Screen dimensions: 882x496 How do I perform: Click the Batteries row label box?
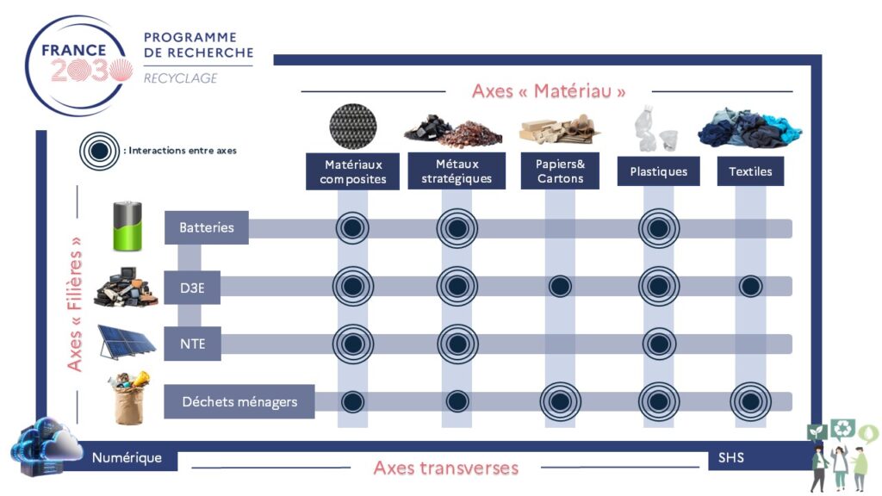(207, 227)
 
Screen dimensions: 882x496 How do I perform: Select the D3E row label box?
(192, 288)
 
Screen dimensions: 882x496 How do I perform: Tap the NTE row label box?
(192, 344)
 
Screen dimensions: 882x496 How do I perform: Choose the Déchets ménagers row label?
(239, 401)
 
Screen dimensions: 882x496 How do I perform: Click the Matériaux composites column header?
(352, 171)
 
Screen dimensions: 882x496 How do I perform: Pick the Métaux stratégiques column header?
(457, 171)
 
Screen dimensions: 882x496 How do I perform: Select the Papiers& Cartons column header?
(560, 171)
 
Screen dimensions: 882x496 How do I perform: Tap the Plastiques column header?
(658, 171)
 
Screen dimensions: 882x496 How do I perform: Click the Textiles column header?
(750, 171)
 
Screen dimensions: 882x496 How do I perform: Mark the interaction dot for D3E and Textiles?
(750, 286)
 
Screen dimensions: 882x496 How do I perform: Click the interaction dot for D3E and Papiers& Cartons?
(560, 286)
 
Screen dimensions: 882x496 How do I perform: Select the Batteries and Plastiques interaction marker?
(659, 228)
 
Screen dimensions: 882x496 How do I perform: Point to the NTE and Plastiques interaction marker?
(659, 344)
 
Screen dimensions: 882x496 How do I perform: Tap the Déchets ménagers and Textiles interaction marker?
(750, 401)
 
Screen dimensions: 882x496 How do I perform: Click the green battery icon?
(127, 226)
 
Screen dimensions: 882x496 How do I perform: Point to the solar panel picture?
(127, 341)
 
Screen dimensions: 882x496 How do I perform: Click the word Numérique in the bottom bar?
(127, 458)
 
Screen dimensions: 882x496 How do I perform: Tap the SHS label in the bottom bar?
(730, 458)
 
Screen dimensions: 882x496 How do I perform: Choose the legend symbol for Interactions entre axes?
(100, 151)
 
